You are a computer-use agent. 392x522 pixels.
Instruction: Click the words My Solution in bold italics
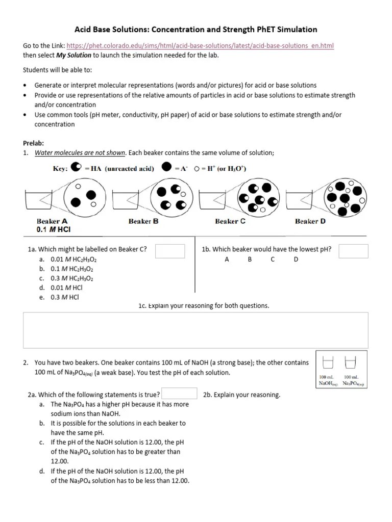tap(73, 55)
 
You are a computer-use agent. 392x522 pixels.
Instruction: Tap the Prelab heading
tap(34, 143)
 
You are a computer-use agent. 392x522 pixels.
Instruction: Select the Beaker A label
tap(52, 221)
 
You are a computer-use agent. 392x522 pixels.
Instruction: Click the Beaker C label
tap(230, 221)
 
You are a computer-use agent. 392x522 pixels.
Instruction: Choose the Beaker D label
tap(310, 221)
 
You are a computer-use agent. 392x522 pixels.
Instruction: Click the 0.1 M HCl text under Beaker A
tap(54, 229)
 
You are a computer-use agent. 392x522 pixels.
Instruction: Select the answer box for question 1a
tap(170, 251)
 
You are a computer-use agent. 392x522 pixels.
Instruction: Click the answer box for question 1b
tap(353, 251)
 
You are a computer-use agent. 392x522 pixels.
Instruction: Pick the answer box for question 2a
tap(180, 394)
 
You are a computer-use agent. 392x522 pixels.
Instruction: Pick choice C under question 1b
tap(273, 259)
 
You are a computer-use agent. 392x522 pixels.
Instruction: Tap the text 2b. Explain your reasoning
tap(241, 395)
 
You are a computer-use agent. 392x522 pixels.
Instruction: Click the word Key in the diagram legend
tap(60, 169)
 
